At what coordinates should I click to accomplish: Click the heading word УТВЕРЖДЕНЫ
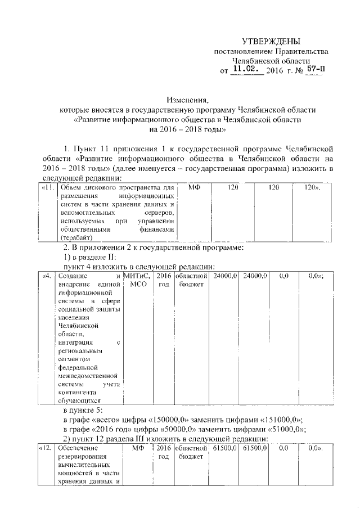click(x=271, y=41)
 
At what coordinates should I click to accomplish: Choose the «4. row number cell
click(x=47, y=276)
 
